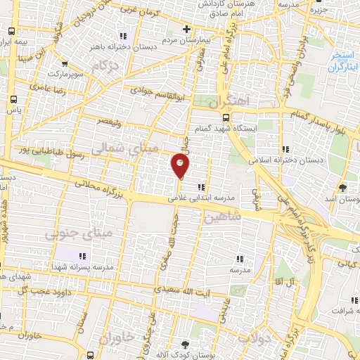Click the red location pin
click(x=180, y=166)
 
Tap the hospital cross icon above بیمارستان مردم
click(x=186, y=29)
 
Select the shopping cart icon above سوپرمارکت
click(x=65, y=62)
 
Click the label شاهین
click(x=224, y=217)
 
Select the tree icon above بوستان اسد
click(x=342, y=188)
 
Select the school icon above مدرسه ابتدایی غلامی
click(x=201, y=187)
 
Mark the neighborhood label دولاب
click(x=251, y=338)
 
